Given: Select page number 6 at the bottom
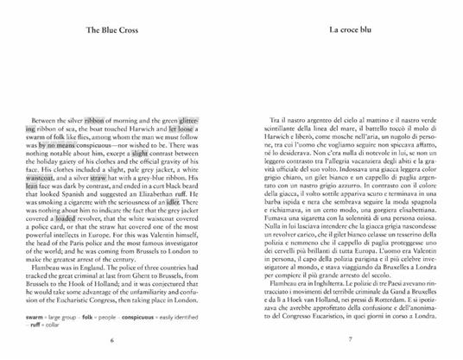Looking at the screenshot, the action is tap(112, 338).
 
